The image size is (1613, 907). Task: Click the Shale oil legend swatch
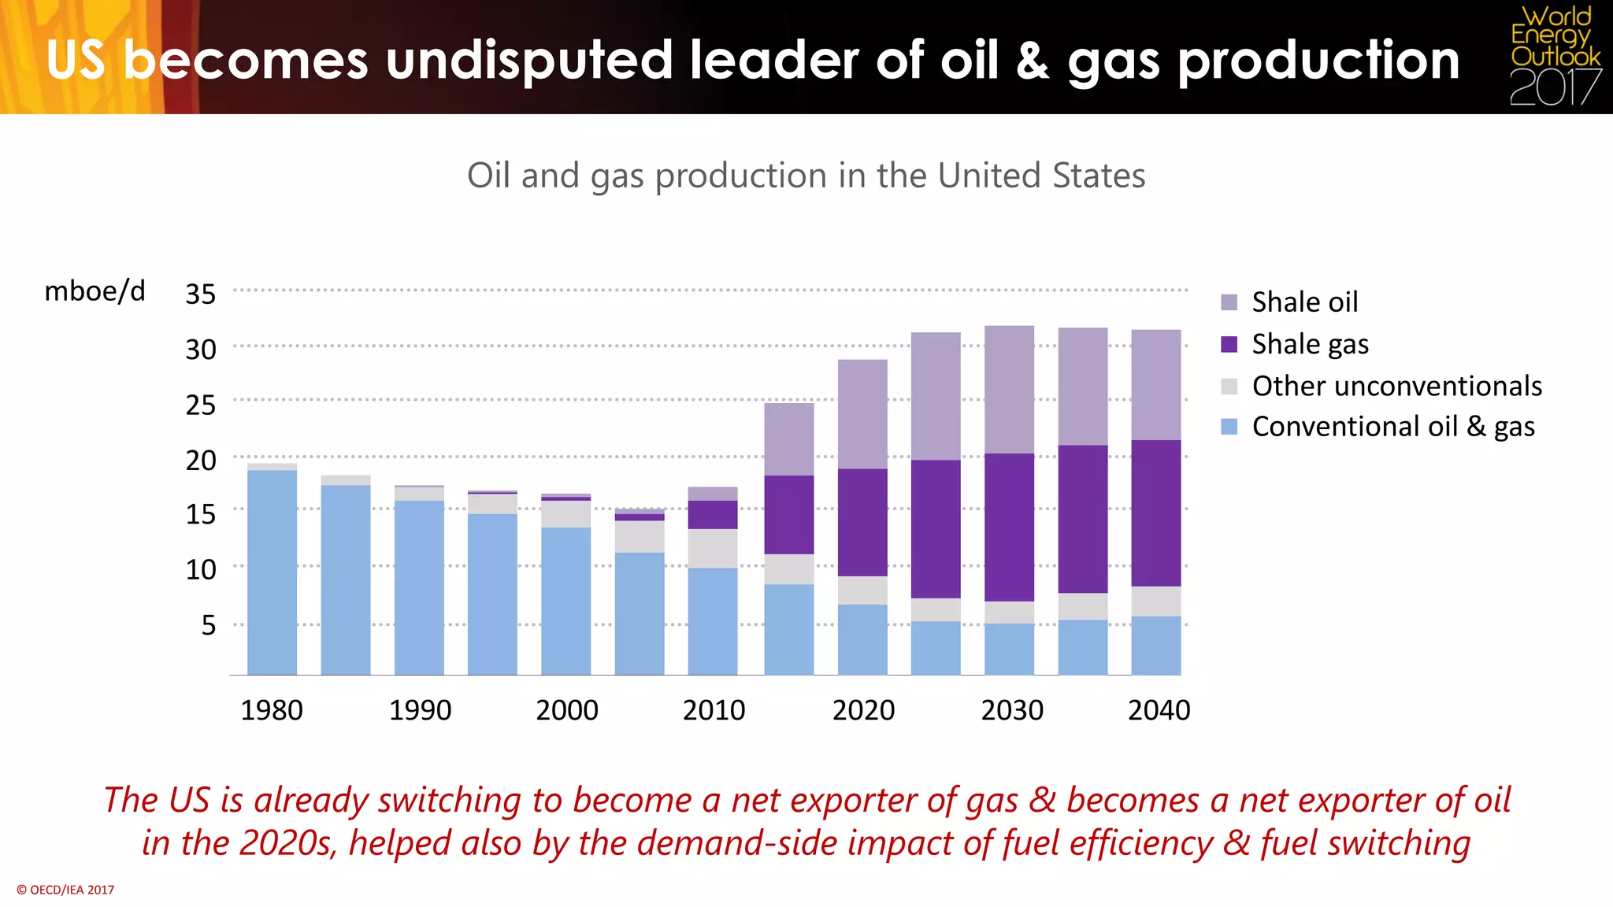click(1229, 302)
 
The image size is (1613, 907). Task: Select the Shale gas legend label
click(1310, 344)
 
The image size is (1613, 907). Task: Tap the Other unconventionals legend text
click(1396, 386)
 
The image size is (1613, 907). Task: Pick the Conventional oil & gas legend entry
click(1392, 427)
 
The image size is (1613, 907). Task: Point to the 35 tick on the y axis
click(200, 294)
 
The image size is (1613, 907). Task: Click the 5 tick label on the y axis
click(208, 625)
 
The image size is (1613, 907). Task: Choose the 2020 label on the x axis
click(863, 710)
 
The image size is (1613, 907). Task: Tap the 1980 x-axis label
click(271, 710)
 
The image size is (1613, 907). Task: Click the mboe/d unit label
click(95, 291)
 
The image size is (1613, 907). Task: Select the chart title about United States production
click(806, 175)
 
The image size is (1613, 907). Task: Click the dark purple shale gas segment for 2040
click(1155, 513)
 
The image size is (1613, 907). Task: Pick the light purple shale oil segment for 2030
click(1009, 389)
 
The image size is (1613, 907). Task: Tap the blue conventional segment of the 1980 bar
click(272, 572)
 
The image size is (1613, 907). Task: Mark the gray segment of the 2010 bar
click(712, 548)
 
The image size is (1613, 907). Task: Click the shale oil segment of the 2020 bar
click(862, 414)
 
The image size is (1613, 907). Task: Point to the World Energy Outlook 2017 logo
click(1555, 57)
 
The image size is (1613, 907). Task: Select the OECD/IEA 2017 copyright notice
click(65, 890)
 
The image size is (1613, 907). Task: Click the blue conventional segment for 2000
click(565, 601)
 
